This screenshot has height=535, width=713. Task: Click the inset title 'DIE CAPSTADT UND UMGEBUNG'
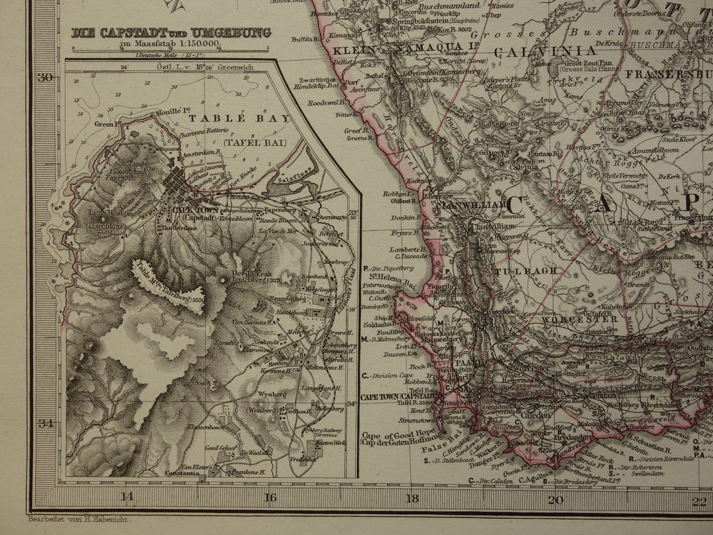click(x=171, y=33)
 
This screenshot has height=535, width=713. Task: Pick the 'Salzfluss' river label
click(x=290, y=179)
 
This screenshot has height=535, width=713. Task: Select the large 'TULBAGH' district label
click(x=516, y=272)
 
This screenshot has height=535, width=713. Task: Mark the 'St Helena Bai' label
click(x=392, y=278)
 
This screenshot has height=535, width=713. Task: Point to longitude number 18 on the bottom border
click(x=412, y=499)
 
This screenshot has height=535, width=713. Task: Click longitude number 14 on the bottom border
click(x=127, y=499)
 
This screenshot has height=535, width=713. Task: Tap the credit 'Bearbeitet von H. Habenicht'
click(x=79, y=519)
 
